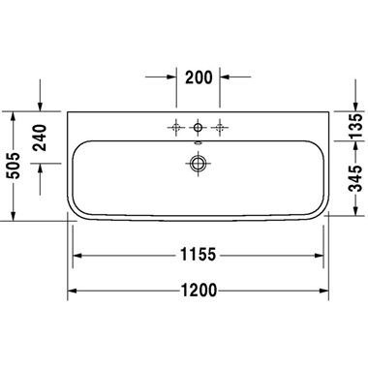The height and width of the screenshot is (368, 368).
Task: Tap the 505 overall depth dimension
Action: click(x=14, y=166)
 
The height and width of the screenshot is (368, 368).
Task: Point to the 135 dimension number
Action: click(x=355, y=125)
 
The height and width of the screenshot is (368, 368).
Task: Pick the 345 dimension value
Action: click(x=355, y=180)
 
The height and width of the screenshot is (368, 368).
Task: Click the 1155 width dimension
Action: click(x=198, y=256)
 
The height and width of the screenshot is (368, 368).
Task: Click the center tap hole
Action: click(x=198, y=126)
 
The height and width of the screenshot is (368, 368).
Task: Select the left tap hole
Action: click(x=176, y=126)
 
